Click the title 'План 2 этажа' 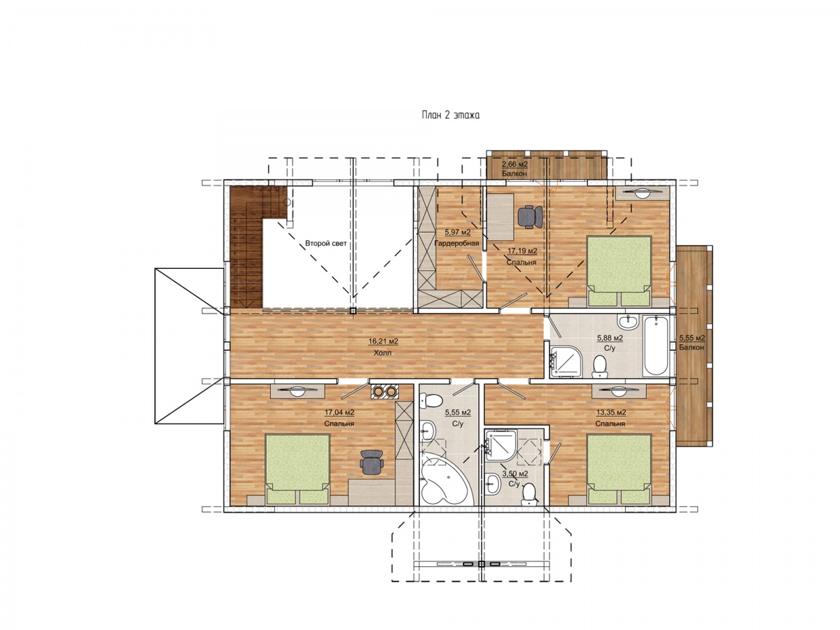[x=450, y=115]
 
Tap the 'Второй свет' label [x=325, y=244]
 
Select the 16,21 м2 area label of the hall [x=383, y=341]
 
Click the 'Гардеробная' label [x=456, y=244]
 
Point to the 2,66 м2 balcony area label [x=514, y=164]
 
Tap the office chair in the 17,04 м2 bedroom [x=372, y=463]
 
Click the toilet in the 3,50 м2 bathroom [x=530, y=493]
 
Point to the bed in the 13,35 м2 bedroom [x=619, y=469]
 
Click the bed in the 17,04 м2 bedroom [x=297, y=469]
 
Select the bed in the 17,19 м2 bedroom [x=619, y=272]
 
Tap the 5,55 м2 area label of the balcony [x=692, y=338]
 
